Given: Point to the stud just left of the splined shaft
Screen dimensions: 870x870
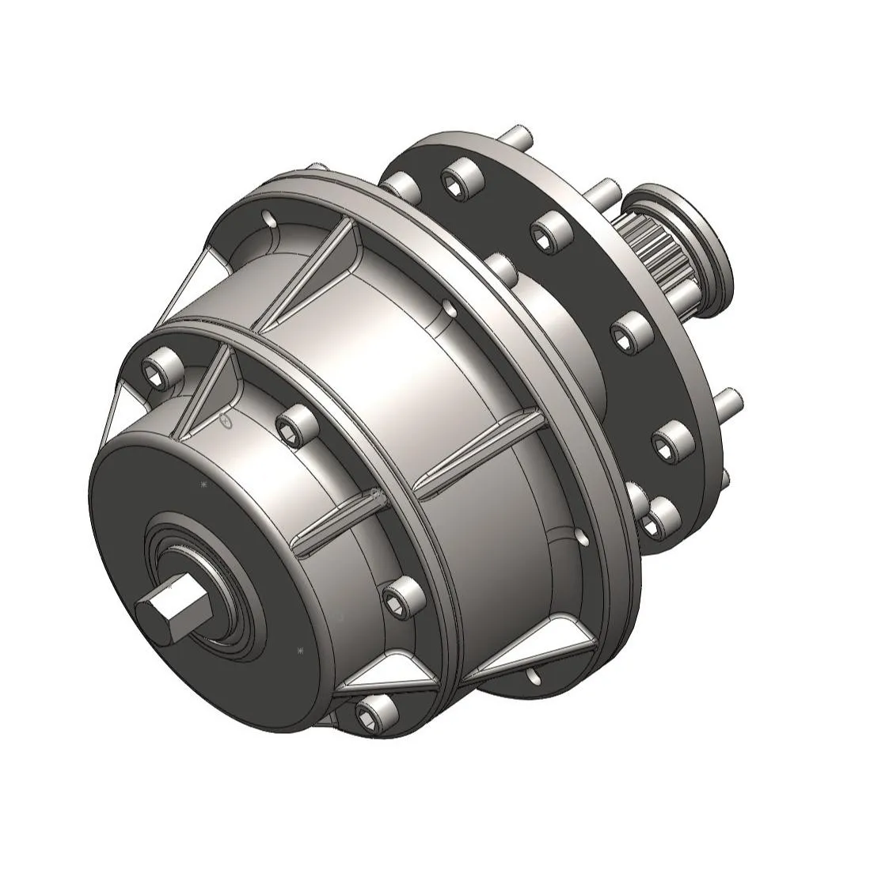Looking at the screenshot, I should click(605, 190).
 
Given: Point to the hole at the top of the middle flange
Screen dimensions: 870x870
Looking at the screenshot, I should click(270, 218).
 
